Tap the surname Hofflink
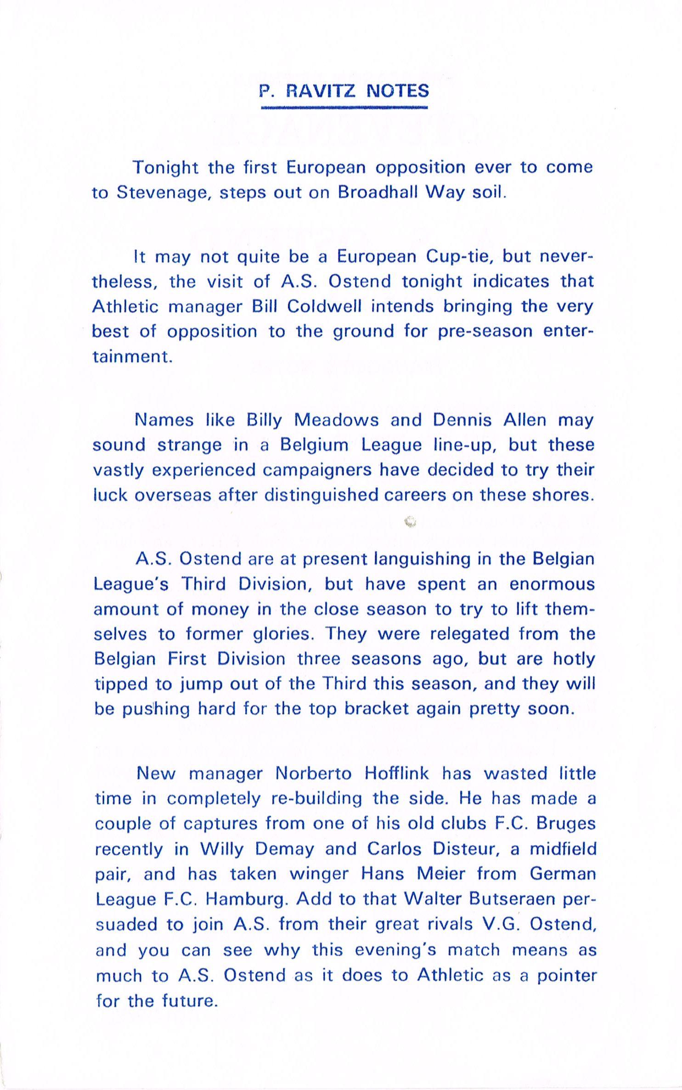[397, 774]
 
